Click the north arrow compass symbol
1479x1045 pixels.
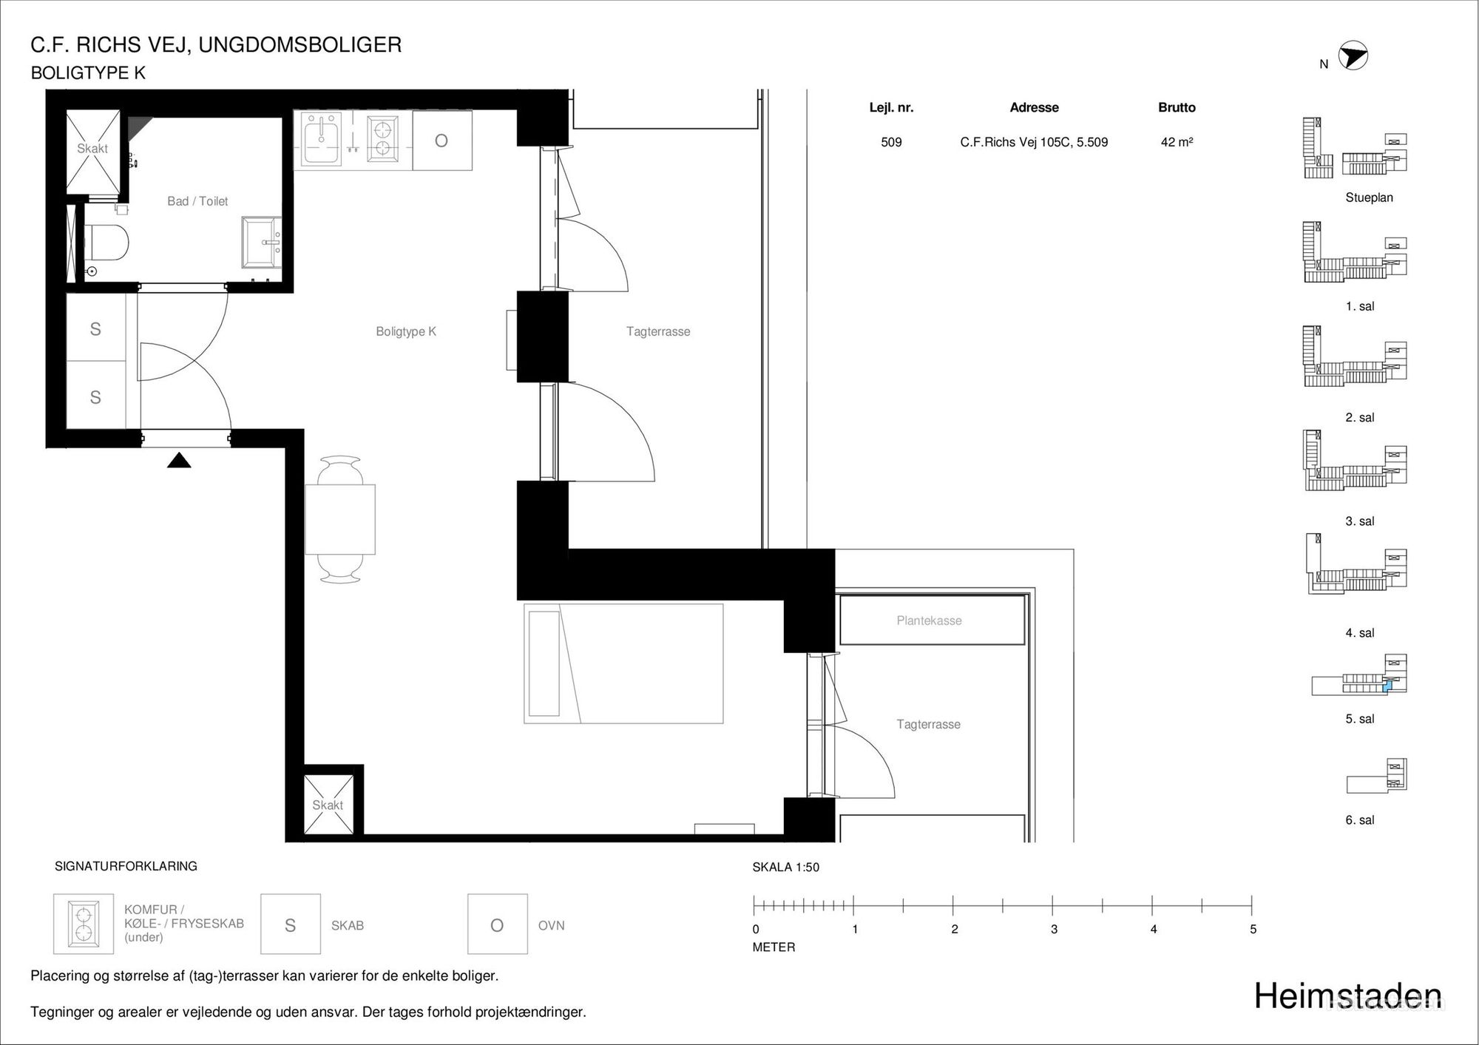(1353, 55)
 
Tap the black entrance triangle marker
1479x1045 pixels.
(179, 461)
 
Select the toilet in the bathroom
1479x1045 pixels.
(106, 243)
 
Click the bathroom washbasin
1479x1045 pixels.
(262, 243)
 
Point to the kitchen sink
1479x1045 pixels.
(321, 139)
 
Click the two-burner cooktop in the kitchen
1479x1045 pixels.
(382, 139)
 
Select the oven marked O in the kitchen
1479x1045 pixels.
(442, 141)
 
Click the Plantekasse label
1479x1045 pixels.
(929, 620)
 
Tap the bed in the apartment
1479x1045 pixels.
(623, 663)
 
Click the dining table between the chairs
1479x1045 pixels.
(340, 519)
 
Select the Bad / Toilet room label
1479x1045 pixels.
(197, 201)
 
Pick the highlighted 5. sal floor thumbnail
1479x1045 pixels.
(1359, 675)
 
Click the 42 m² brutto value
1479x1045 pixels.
(1177, 142)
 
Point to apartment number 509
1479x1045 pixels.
(891, 142)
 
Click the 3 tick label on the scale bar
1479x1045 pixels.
(1054, 929)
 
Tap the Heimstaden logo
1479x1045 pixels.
(1347, 996)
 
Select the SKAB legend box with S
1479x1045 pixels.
(291, 924)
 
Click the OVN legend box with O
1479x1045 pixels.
(498, 924)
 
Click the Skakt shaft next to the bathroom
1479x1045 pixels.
(93, 151)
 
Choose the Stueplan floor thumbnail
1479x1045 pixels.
(1355, 148)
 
